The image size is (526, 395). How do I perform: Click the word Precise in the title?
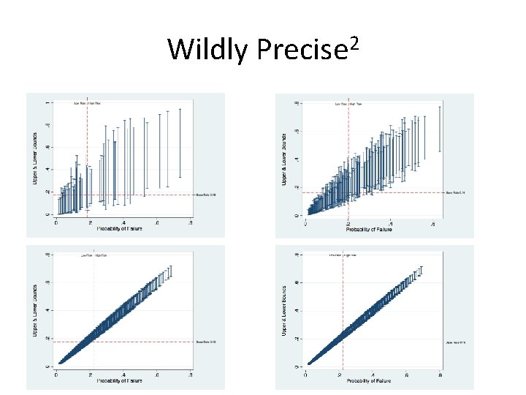[x=302, y=50]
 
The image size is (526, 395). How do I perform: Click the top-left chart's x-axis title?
[x=119, y=229]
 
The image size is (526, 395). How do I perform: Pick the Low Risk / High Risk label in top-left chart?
[x=88, y=103]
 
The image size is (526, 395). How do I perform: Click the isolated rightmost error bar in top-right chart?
[x=439, y=129]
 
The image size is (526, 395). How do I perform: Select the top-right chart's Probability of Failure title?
[x=368, y=229]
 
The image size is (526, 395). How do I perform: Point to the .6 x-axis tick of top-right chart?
[x=433, y=222]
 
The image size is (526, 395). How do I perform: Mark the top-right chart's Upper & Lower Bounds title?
[x=283, y=157]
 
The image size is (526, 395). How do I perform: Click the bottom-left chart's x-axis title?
[x=119, y=380]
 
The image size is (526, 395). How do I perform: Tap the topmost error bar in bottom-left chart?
[x=169, y=271]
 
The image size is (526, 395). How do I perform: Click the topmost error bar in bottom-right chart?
[x=420, y=273]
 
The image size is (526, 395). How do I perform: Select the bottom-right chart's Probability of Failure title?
[x=368, y=381]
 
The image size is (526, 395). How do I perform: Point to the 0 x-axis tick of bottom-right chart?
[x=306, y=374]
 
